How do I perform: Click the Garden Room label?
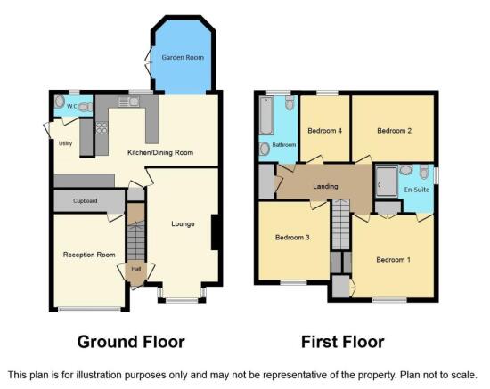click(183, 58)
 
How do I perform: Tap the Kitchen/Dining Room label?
click(160, 153)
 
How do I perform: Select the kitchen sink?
click(129, 101)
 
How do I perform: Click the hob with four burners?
click(102, 127)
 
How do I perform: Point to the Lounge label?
click(183, 223)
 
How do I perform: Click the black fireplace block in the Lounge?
click(215, 232)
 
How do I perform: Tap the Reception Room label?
click(89, 255)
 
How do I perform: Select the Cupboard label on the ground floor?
click(86, 201)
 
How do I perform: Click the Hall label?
click(136, 269)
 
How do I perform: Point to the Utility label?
click(65, 143)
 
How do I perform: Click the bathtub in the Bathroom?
click(266, 115)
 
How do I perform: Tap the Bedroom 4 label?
click(324, 131)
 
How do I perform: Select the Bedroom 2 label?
click(394, 131)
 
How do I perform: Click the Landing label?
click(325, 186)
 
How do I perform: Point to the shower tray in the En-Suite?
click(387, 182)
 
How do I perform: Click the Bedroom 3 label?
click(292, 238)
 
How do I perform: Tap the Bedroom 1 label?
click(393, 260)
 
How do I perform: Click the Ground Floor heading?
click(131, 342)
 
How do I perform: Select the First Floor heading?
click(342, 342)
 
